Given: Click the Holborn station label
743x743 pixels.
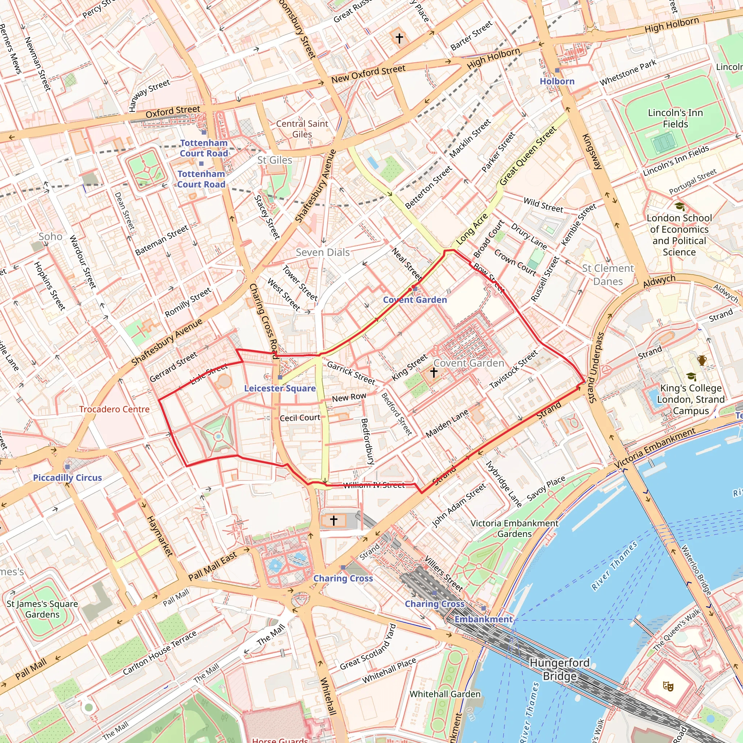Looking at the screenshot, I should (557, 82).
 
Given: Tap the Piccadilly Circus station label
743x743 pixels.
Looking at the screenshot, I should (67, 478).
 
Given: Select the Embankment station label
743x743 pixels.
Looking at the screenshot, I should (483, 619).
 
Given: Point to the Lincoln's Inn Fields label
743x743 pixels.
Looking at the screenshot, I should (675, 118).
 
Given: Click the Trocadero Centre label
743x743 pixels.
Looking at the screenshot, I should (114, 409).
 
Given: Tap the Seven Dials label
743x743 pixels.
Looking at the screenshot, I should (323, 252).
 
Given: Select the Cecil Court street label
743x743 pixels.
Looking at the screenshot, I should (300, 418).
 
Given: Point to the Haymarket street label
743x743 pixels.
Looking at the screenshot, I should (160, 536).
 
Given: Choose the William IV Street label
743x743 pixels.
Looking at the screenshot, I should (374, 485).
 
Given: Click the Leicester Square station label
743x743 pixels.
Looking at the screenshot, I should (280, 389).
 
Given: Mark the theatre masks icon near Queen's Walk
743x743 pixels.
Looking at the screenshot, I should (668, 686).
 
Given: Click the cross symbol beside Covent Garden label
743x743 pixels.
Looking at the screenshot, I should (434, 372).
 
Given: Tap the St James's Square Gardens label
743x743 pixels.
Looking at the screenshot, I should (42, 609).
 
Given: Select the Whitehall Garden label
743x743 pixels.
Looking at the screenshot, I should (445, 694).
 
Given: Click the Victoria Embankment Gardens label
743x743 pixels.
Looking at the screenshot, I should (514, 528).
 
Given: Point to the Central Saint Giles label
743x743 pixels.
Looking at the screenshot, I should (302, 129).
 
